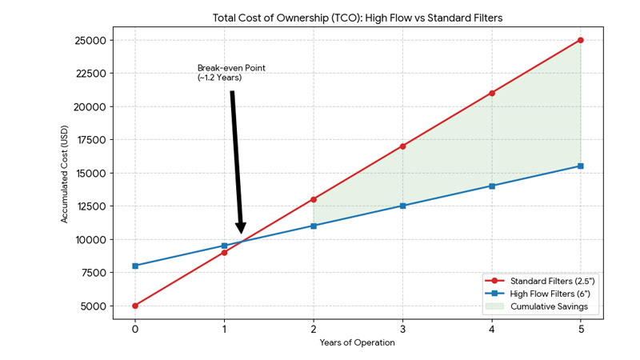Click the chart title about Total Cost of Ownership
[x=358, y=17]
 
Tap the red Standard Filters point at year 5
[x=580, y=40]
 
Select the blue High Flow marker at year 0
[x=135, y=266]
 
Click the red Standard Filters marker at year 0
[x=135, y=306]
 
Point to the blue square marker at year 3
[x=402, y=206]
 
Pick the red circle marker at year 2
[x=314, y=199]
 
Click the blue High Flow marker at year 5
[x=580, y=166]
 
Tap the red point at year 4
[x=491, y=93]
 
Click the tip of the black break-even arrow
[x=241, y=233]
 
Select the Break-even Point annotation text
[x=231, y=73]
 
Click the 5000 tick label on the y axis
[x=93, y=306]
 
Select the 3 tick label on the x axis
[x=402, y=328]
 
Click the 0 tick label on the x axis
[x=135, y=328]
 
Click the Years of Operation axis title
[x=358, y=342]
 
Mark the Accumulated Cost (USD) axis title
[x=65, y=173]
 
